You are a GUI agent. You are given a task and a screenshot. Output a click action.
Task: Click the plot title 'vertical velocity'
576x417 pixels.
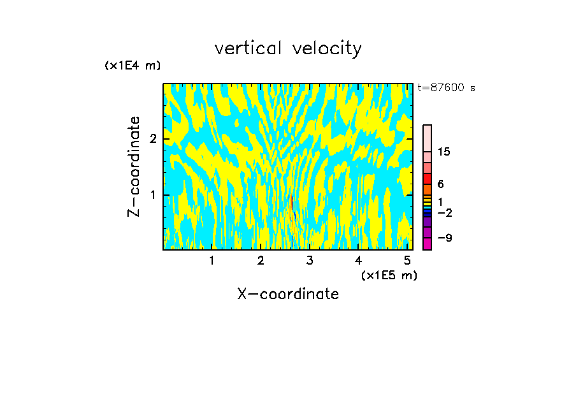[288, 48]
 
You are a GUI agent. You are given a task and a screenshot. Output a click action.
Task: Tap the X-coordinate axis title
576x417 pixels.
[288, 294]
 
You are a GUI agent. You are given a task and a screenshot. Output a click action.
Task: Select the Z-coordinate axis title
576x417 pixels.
[134, 166]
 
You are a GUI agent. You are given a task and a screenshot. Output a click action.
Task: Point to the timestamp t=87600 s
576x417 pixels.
[446, 88]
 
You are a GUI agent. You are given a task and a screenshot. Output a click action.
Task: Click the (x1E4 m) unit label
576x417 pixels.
[133, 66]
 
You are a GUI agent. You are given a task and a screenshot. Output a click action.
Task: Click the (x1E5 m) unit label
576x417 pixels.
[389, 275]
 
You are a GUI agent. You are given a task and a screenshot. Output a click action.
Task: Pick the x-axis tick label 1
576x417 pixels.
[212, 261]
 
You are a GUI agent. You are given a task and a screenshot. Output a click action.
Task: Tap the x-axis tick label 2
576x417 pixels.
[261, 261]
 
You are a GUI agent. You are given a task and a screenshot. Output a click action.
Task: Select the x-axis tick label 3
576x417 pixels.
[310, 261]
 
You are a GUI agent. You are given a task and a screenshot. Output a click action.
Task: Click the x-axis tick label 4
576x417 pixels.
[359, 261]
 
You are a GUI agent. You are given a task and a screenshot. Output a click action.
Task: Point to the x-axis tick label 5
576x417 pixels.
[407, 261]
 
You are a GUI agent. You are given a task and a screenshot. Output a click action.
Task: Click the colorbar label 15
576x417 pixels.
[444, 152]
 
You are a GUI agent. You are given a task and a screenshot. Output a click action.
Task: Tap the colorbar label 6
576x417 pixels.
[440, 184]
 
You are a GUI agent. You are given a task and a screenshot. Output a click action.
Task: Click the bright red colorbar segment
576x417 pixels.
[427, 179]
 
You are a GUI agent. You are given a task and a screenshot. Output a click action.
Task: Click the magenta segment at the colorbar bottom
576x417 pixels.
[427, 244]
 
